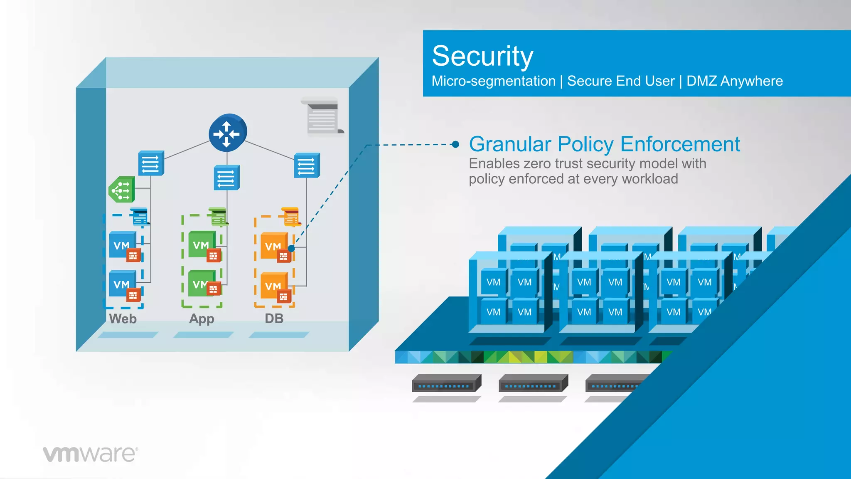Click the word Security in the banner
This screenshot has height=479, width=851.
pos(482,56)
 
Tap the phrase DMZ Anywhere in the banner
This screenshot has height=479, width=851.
pos(734,81)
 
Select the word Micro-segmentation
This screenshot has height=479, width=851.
pos(493,81)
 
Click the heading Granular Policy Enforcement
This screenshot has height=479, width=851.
pos(604,144)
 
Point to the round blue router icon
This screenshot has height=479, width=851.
pos(227,133)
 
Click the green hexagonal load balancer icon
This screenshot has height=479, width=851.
pos(121,190)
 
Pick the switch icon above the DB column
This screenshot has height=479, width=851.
pos(307,165)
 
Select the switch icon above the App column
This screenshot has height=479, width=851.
pos(226,178)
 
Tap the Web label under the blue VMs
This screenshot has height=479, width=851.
pos(123,319)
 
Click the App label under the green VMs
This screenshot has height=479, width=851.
pos(202,319)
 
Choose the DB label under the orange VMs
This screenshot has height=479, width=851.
pos(274,319)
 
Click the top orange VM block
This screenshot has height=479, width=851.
pos(273,246)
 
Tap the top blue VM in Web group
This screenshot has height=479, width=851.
pos(122,245)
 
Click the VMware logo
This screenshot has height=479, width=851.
pos(90,454)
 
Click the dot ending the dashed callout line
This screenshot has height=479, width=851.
pos(455,144)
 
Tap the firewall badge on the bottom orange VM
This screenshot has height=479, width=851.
pos(284,296)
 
